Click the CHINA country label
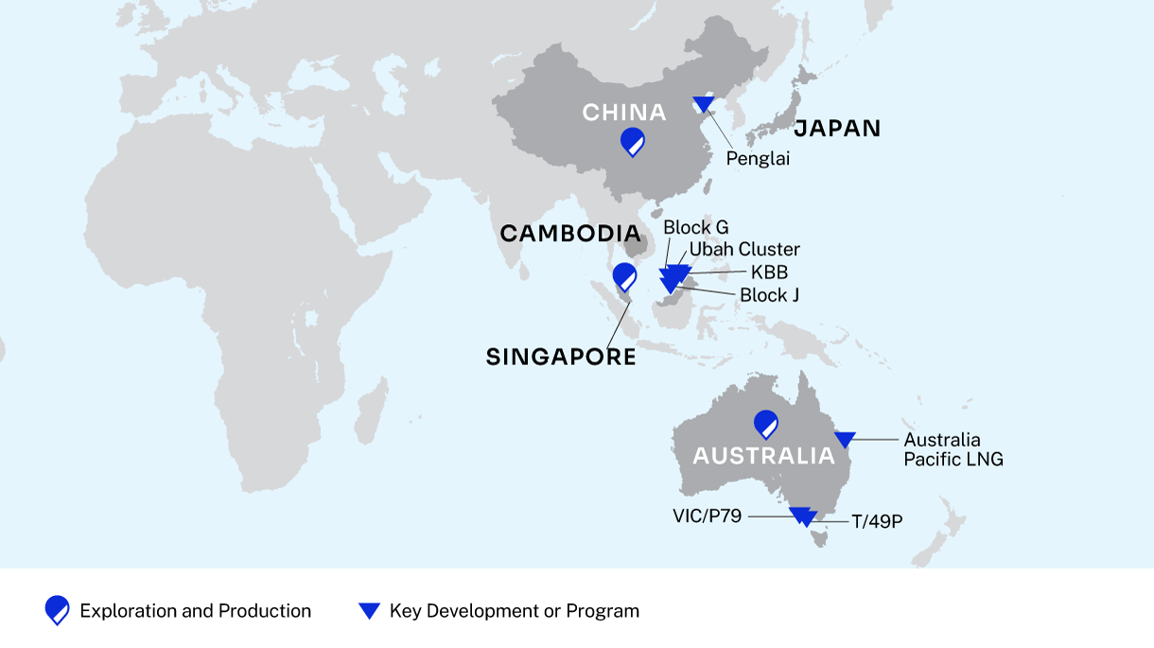624,114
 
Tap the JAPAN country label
837,129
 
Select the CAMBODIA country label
570,234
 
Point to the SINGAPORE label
561,357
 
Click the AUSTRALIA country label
764,456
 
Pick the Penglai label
758,159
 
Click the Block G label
696,228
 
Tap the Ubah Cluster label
744,250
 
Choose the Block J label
770,295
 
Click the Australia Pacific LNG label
953,449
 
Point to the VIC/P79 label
707,516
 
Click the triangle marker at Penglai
704,103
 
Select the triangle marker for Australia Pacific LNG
845,439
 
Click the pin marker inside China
633,142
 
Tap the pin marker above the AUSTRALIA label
765,425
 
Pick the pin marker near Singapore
625,277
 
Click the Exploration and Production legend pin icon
57,611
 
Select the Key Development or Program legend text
515,611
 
